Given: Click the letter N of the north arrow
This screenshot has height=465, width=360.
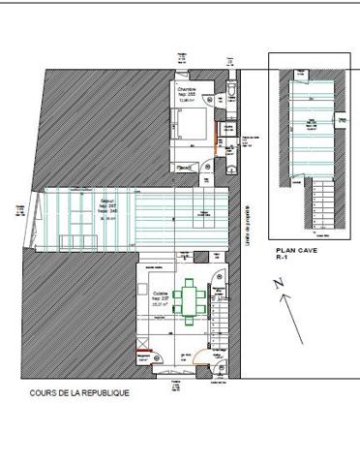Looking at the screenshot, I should point(278,284).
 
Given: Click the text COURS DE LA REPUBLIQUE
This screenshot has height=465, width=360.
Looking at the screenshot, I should point(79,394).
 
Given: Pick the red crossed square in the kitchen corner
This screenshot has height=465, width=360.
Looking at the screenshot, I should point(144,346).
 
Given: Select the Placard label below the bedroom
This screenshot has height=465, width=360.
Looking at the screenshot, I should point(183,167).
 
